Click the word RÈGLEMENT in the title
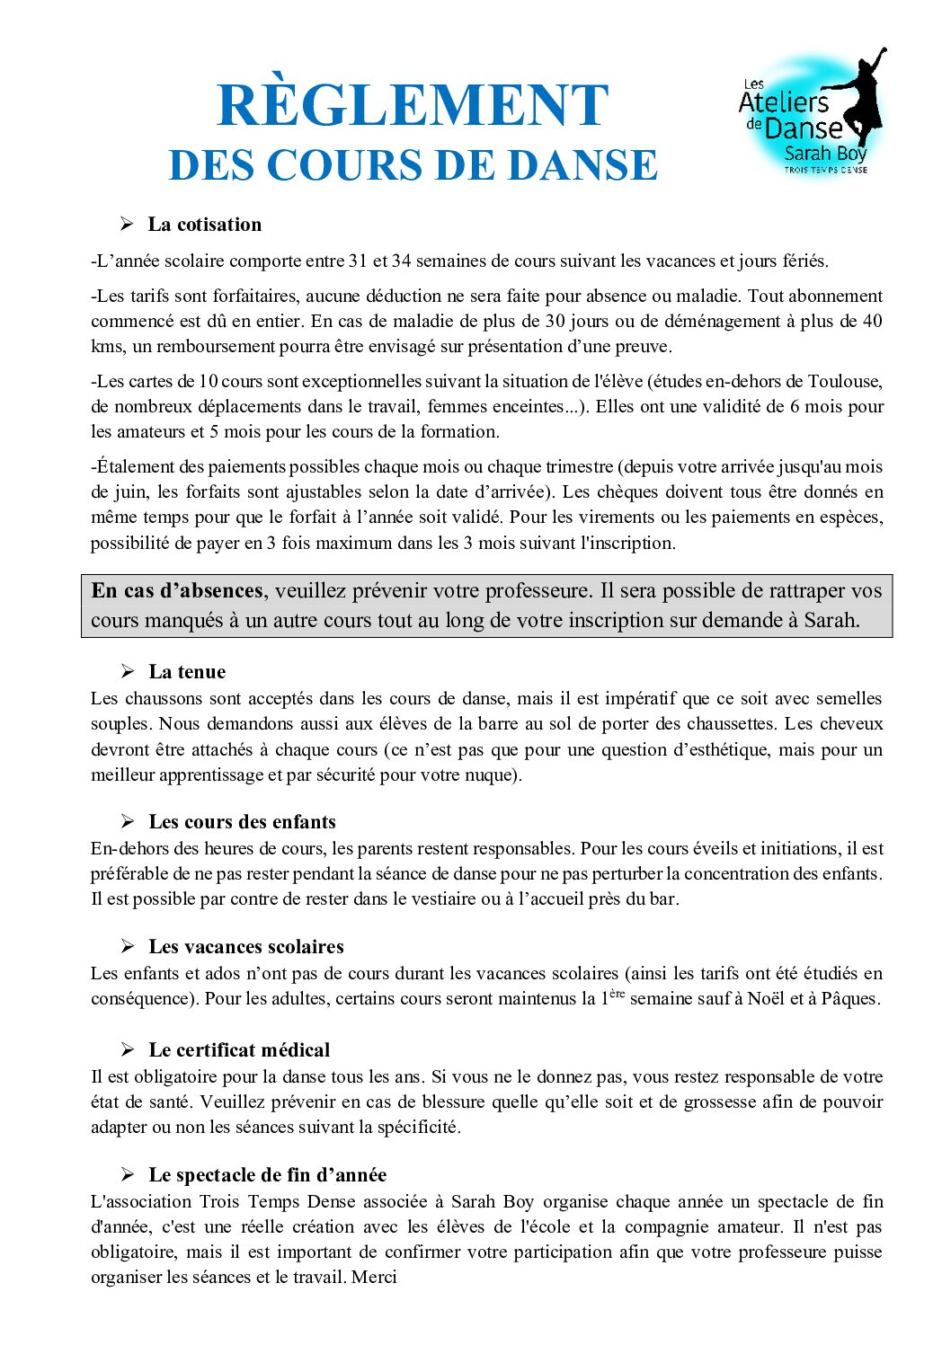click(413, 106)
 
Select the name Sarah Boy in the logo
click(824, 153)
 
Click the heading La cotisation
click(205, 225)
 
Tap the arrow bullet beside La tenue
click(128, 671)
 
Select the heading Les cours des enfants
click(242, 821)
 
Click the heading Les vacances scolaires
click(246, 946)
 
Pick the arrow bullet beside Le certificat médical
click(128, 1049)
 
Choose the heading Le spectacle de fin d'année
click(267, 1174)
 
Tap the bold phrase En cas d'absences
click(176, 590)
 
